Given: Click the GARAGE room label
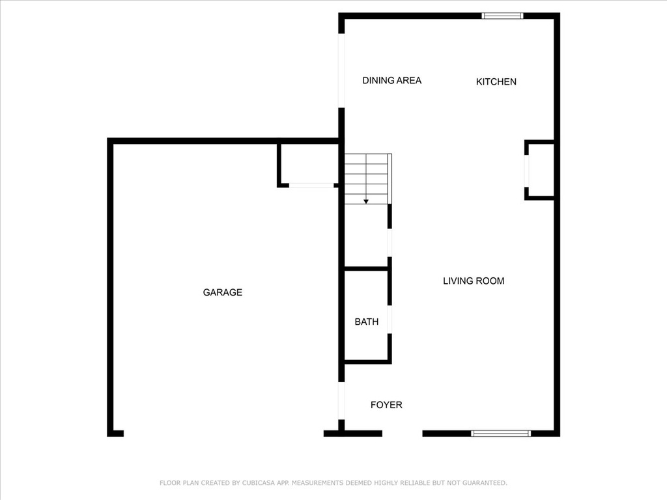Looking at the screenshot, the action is click(x=223, y=292).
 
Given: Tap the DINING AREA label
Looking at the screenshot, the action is click(x=391, y=80).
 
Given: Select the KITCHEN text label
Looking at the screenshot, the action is click(x=496, y=81).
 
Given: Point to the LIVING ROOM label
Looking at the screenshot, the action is click(x=474, y=281).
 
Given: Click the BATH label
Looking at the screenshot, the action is click(x=366, y=322).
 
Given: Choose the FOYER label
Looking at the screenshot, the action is click(x=386, y=405).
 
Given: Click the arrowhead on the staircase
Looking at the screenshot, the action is click(x=366, y=202).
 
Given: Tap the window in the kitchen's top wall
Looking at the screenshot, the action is click(x=502, y=16).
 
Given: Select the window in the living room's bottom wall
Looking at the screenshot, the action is click(x=501, y=433).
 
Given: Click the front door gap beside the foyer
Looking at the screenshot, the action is click(x=402, y=433).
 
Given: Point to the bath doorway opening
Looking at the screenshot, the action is click(x=390, y=319).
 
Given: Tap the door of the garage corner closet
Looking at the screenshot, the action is click(x=311, y=186).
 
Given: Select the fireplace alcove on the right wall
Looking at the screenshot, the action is click(x=539, y=170).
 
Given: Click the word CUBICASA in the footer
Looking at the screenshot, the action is click(x=259, y=483).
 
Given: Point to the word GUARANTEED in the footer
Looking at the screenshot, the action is click(x=485, y=483).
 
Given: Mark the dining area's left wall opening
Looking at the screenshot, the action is click(x=341, y=70).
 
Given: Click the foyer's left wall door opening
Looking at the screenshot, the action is click(x=341, y=400).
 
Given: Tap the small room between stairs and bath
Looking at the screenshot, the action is click(x=366, y=236).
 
